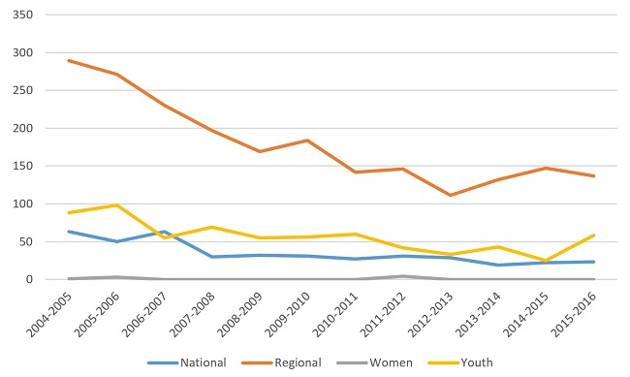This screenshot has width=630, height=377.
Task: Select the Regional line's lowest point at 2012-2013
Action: (451, 195)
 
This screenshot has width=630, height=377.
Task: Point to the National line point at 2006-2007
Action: (164, 232)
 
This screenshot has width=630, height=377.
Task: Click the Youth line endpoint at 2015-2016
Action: (594, 235)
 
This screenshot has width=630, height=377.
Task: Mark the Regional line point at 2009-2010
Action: (307, 141)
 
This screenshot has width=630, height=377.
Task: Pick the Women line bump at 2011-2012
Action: (403, 276)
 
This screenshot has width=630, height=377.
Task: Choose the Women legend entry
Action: (374, 362)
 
